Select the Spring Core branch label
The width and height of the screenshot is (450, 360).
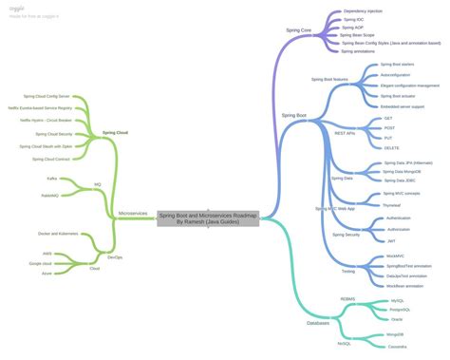(x=298, y=30)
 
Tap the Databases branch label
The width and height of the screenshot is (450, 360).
(x=317, y=323)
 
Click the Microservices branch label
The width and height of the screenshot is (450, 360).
(x=132, y=214)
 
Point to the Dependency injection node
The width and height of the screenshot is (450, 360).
(x=364, y=10)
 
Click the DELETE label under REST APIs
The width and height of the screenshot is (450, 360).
(x=391, y=148)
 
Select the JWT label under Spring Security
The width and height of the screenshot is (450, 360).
(x=390, y=241)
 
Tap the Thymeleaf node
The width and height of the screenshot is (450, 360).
(x=392, y=204)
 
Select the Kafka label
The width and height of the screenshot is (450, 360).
(x=52, y=178)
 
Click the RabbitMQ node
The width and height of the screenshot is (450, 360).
(x=51, y=194)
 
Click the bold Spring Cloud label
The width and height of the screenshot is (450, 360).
(x=116, y=133)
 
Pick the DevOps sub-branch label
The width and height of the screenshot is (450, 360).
(x=114, y=256)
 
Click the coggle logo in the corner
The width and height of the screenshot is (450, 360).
(x=19, y=6)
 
